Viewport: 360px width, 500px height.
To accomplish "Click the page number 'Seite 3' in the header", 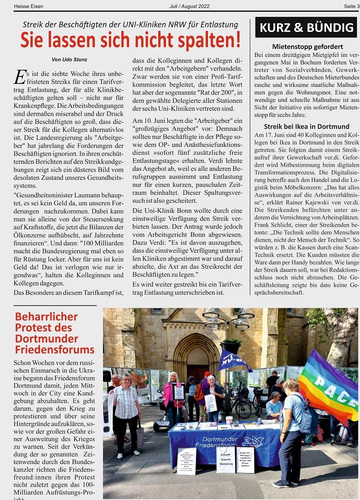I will click(x=351, y=6).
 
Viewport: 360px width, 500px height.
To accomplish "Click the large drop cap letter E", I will click(x=19, y=77).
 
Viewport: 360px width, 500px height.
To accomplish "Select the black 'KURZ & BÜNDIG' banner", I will click(x=306, y=27).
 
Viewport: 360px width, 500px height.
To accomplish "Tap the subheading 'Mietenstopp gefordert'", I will click(x=306, y=46).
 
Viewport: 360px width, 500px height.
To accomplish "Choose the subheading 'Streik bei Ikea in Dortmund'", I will click(x=306, y=126).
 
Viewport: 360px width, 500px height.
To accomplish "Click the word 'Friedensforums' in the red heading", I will click(x=54, y=349).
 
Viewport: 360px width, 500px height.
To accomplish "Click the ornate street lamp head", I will click(x=228, y=319).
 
